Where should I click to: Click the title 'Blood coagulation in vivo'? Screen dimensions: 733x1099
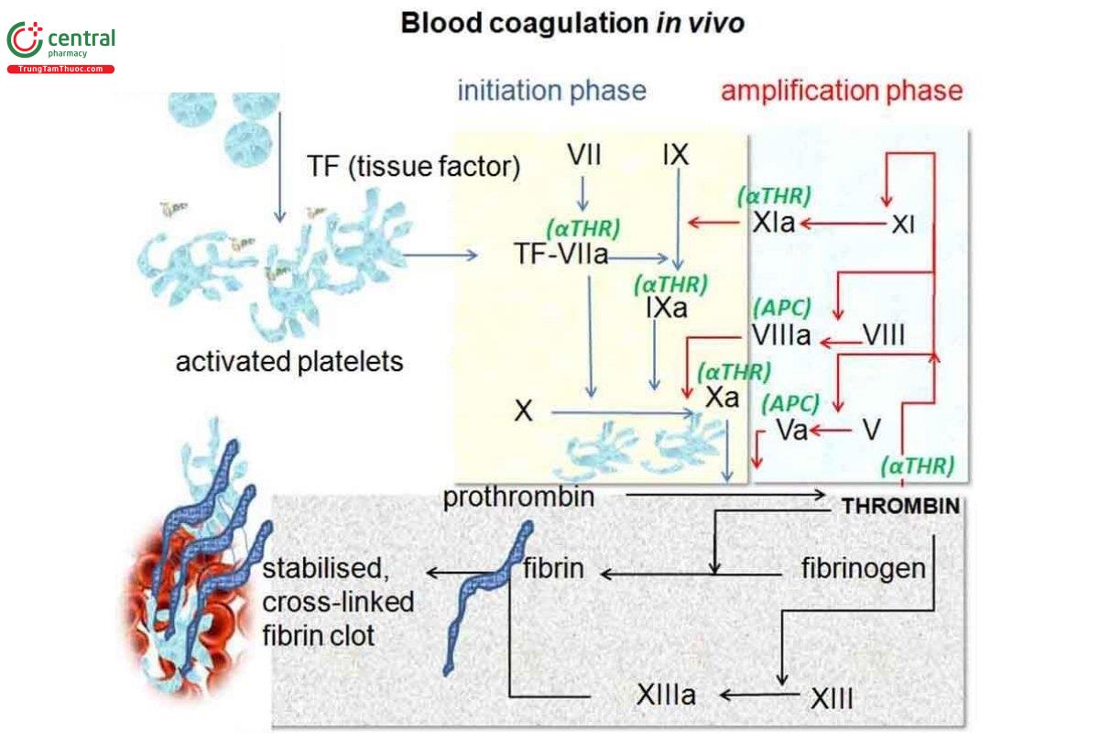point(572,23)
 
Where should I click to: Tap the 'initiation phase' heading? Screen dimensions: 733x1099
point(551,91)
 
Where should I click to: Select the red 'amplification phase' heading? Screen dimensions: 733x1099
point(842,91)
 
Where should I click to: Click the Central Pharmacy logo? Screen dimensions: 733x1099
point(60,46)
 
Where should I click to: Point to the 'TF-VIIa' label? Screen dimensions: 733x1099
point(561,256)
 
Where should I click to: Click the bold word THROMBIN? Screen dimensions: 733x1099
point(900,506)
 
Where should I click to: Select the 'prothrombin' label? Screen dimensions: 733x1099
point(518,498)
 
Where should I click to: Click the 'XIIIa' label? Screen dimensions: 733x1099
point(666,695)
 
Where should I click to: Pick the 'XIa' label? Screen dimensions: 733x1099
point(774,223)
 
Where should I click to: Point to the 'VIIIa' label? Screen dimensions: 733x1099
point(780,336)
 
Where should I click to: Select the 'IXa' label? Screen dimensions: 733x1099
point(666,308)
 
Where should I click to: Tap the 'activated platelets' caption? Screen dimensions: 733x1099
point(289,362)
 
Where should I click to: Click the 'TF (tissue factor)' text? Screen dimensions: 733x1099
point(413,167)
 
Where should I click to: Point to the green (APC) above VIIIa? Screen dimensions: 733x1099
point(781,309)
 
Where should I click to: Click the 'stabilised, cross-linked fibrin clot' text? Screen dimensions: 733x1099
point(338,602)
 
